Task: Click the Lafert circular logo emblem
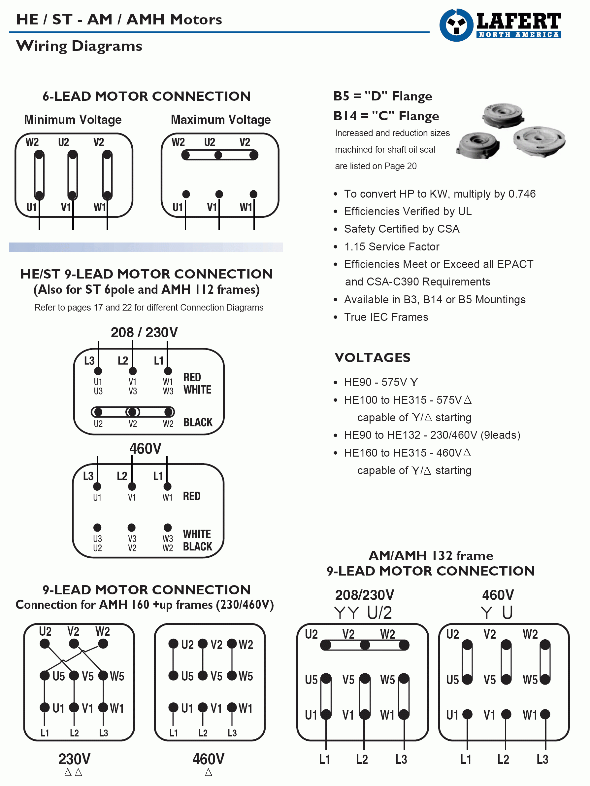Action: point(456,25)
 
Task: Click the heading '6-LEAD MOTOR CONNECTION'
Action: point(146,96)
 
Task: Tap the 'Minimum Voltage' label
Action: point(73,120)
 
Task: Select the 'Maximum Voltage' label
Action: point(220,120)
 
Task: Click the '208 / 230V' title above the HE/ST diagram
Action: point(144,333)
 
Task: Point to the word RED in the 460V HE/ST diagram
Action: point(192,496)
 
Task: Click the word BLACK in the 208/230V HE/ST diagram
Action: point(198,422)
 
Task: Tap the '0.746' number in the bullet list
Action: point(522,194)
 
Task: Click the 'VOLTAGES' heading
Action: point(373,357)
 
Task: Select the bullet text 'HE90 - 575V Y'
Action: point(381,382)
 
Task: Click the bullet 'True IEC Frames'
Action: point(386,317)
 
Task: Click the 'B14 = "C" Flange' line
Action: point(386,116)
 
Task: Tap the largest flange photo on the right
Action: point(539,141)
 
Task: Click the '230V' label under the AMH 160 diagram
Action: point(74,759)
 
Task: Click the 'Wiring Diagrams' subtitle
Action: point(79,46)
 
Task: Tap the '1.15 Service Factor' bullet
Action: point(392,246)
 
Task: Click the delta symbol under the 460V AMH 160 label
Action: point(209,772)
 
